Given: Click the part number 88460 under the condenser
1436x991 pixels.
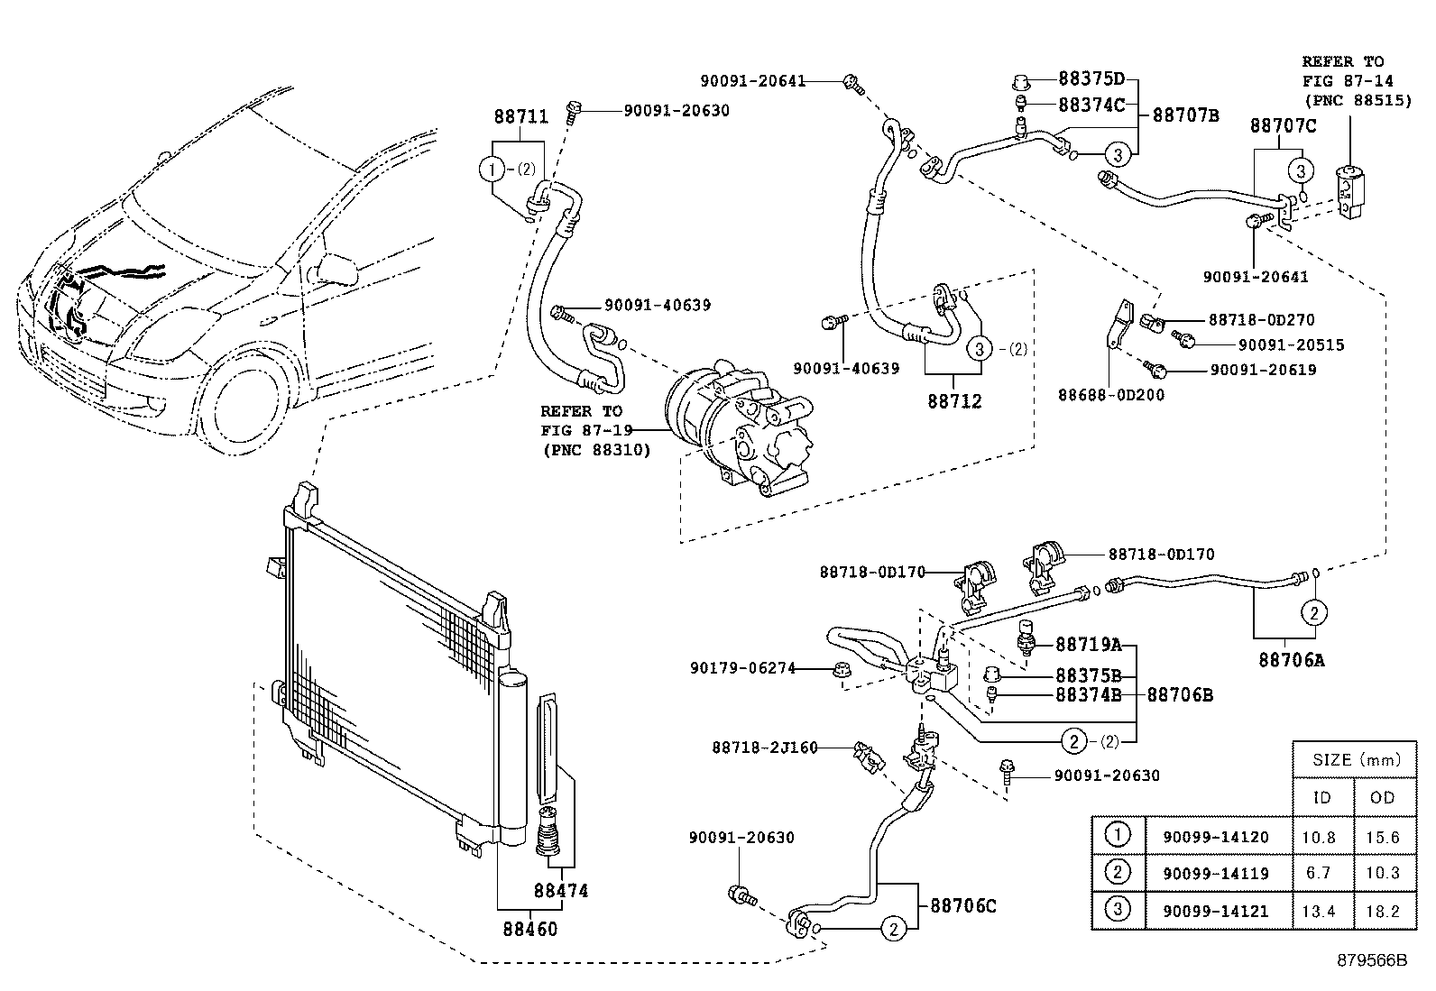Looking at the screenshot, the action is [530, 929].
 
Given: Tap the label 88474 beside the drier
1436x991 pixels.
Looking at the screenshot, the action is [561, 890].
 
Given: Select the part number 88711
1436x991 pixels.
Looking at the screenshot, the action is [521, 116].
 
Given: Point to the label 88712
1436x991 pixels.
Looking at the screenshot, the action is [954, 401].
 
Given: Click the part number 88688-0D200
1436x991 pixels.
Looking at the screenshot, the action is [1111, 395].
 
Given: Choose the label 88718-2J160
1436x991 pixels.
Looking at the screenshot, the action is [765, 748].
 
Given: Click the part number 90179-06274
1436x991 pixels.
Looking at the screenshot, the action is [742, 668].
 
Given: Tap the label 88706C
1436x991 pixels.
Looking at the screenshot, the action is [963, 905].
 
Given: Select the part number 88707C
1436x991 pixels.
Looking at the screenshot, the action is [1283, 125].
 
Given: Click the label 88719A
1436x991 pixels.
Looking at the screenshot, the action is [1089, 644].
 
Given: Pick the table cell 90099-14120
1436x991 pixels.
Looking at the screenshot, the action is [1216, 837].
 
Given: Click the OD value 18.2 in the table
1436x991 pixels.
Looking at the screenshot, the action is [1382, 911].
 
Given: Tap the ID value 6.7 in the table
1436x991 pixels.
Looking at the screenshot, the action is [1318, 873].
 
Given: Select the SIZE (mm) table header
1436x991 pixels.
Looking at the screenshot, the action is [1356, 759].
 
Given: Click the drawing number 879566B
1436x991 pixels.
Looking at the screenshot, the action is [1372, 960].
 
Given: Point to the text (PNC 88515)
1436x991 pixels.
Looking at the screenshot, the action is [1358, 101].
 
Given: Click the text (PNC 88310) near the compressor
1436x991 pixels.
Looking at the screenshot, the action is [597, 450].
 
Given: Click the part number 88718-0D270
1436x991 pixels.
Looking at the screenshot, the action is [1262, 320].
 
